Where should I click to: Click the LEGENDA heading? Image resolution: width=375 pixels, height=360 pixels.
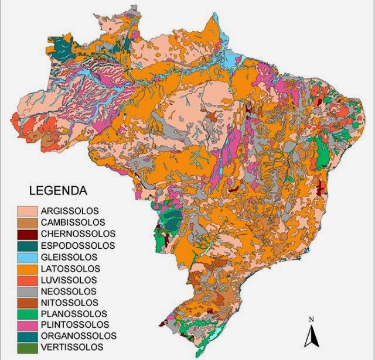pos(58,191)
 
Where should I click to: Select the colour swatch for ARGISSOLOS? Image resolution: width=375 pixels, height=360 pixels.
pos(27,211)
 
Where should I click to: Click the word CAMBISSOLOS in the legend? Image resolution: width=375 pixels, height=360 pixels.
pos(73,222)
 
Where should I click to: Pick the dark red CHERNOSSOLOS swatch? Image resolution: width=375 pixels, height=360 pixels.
pos(27,234)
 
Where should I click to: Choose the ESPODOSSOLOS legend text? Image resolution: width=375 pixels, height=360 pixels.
pos(77,246)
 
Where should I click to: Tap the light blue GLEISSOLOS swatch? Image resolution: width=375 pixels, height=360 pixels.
pos(27,257)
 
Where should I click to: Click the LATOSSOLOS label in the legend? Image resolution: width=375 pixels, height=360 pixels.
pos(70,268)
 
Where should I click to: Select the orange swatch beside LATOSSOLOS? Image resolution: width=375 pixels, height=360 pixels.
pos(27,268)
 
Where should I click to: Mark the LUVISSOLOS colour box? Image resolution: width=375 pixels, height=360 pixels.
pos(27,280)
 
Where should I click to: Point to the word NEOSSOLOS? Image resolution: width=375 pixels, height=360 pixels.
pos(68,291)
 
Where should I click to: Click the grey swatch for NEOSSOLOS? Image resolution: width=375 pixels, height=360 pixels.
pos(27,291)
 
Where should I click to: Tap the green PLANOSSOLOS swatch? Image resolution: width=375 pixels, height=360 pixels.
pos(27,314)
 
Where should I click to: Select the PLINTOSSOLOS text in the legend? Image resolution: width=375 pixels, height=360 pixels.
pos(74,325)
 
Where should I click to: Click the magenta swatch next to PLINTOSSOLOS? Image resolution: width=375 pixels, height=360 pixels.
pos(27,325)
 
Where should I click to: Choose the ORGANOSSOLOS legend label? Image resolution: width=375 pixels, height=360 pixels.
pos(79,336)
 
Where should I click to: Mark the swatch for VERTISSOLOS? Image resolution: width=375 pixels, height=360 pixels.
pos(27,348)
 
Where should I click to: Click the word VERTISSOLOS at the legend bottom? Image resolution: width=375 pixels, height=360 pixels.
pos(71,348)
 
